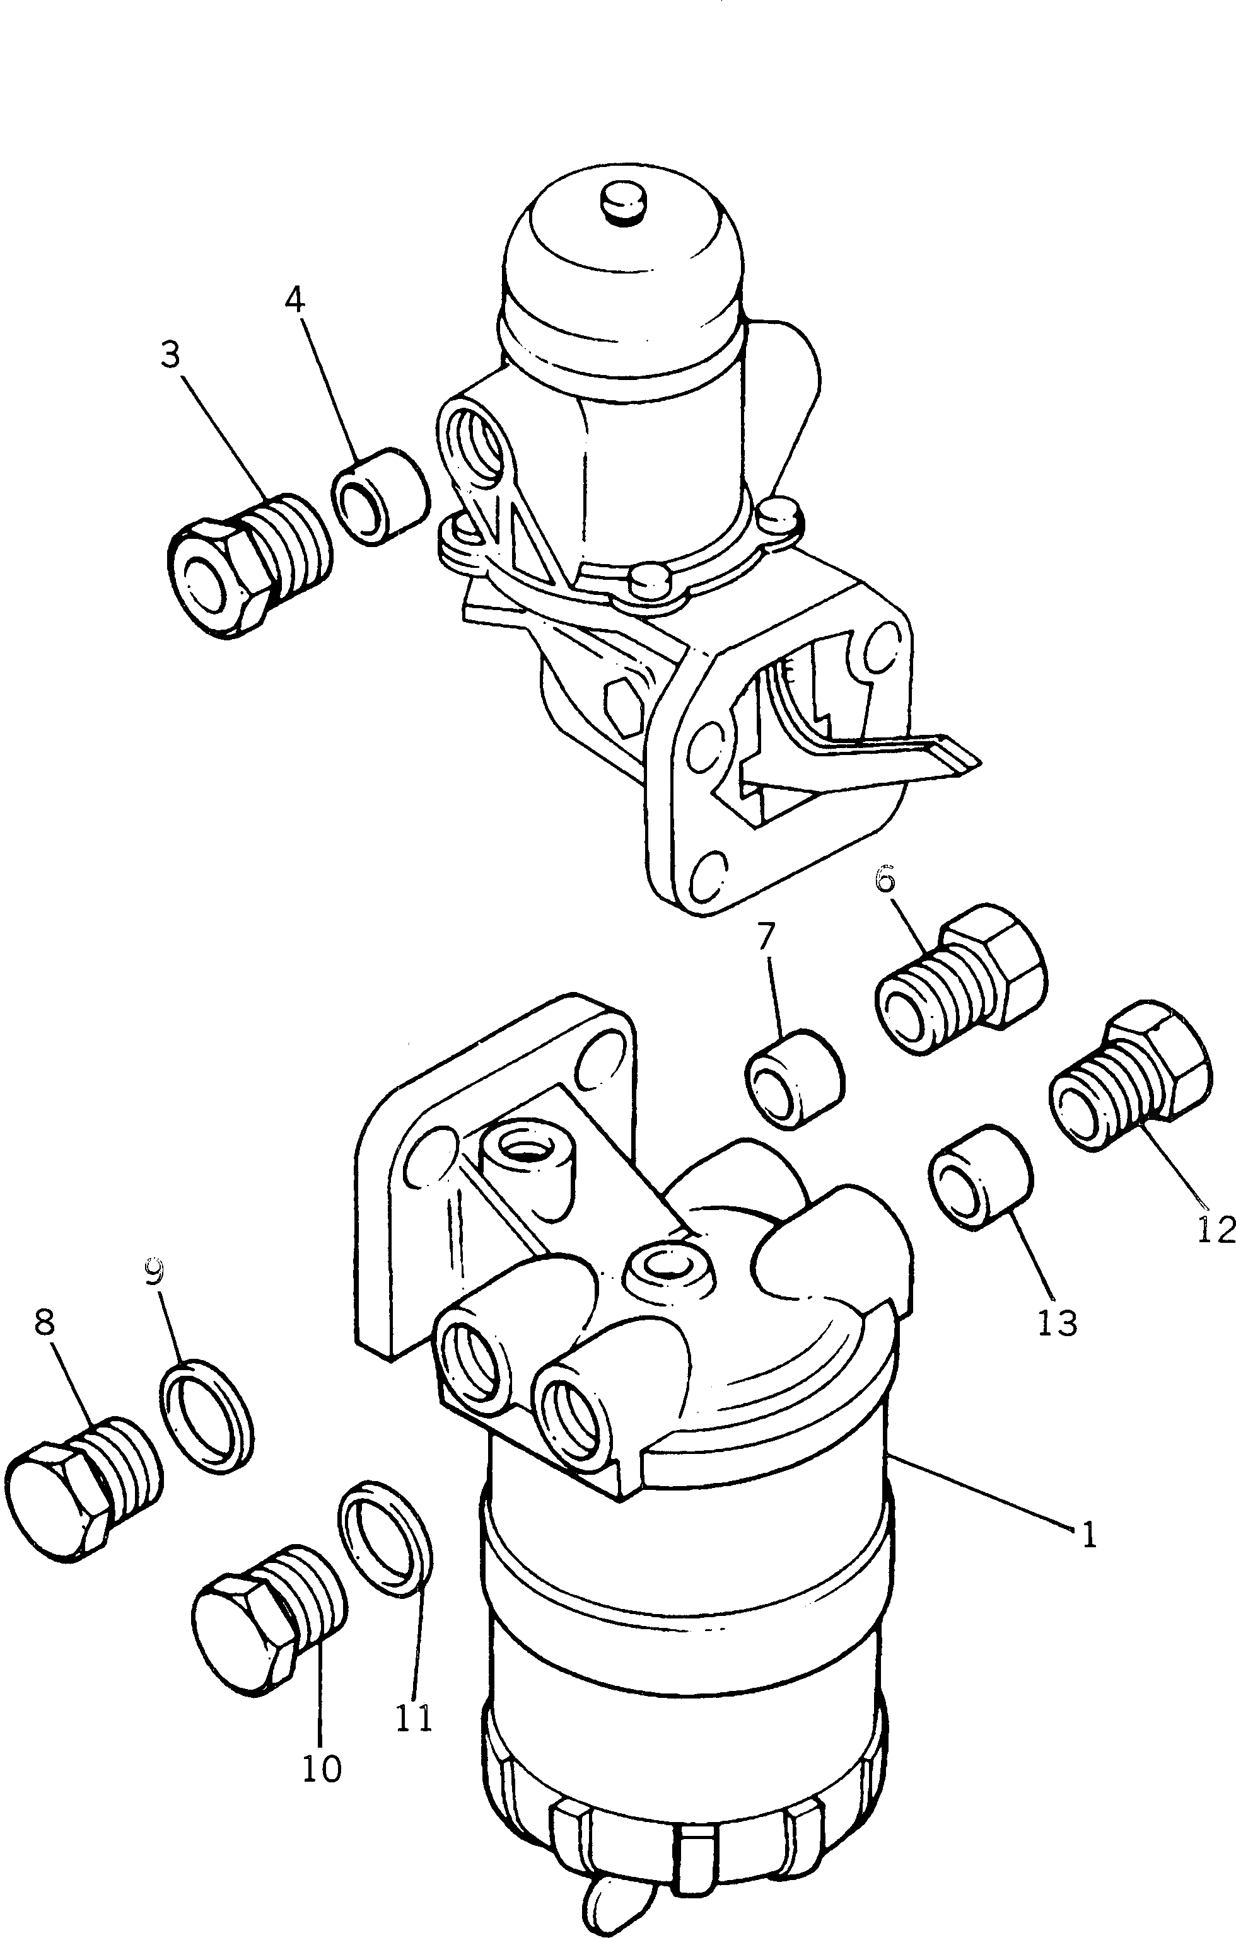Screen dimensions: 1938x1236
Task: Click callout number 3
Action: click(170, 355)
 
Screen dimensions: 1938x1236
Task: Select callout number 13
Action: click(1056, 1322)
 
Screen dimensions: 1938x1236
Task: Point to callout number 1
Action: click(1088, 1536)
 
